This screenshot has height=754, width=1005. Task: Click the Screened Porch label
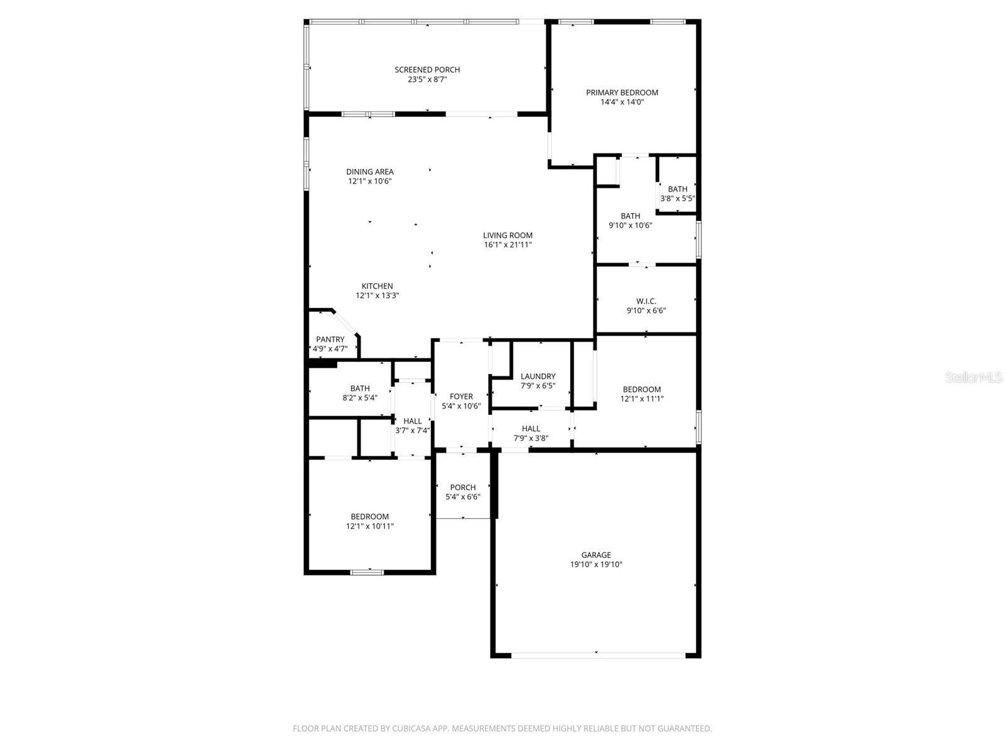427,70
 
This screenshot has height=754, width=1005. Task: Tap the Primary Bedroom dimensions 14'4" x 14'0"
622,102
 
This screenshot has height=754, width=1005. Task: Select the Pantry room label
330,339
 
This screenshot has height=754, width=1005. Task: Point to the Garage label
595,555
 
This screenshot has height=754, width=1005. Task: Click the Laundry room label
538,376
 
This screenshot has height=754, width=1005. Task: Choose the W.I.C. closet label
646,301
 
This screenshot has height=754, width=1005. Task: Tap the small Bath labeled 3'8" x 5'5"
677,189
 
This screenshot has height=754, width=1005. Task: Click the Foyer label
461,396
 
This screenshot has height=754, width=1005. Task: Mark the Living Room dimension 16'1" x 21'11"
508,245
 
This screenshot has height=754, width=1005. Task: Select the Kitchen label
377,286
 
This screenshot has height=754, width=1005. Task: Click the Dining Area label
369,172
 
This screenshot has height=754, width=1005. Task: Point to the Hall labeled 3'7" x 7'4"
413,421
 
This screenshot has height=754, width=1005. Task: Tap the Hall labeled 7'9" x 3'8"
531,429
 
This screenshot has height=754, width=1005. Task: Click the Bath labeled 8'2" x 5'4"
360,388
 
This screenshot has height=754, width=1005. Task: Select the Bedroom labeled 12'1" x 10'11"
369,516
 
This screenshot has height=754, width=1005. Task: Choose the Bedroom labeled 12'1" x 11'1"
641,389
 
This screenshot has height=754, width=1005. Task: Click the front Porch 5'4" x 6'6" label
463,487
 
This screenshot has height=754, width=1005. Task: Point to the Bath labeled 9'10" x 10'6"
630,216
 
